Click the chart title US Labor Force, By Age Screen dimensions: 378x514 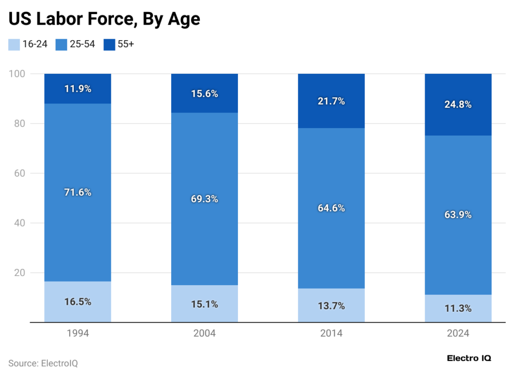[x=104, y=19]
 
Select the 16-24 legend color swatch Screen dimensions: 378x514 [x=14, y=44]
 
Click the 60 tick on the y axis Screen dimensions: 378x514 [x=19, y=173]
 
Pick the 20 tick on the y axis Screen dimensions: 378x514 [x=19, y=273]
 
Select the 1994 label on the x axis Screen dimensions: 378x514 [x=77, y=333]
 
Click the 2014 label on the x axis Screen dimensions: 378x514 [x=331, y=333]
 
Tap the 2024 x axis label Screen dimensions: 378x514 [x=458, y=333]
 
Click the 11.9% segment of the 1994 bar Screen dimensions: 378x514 [x=78, y=89]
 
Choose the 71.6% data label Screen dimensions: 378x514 [x=78, y=192]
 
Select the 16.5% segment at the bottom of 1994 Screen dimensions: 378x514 [x=78, y=302]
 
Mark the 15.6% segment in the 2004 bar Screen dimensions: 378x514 [x=204, y=93]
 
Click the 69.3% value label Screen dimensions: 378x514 [x=204, y=199]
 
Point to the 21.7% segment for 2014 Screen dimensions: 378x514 [x=331, y=101]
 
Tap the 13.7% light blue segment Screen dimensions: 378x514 [x=331, y=305]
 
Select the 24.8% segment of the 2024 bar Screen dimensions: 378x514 [x=458, y=104]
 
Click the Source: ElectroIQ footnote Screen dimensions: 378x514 [x=43, y=362]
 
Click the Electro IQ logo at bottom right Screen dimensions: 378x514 [x=469, y=358]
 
